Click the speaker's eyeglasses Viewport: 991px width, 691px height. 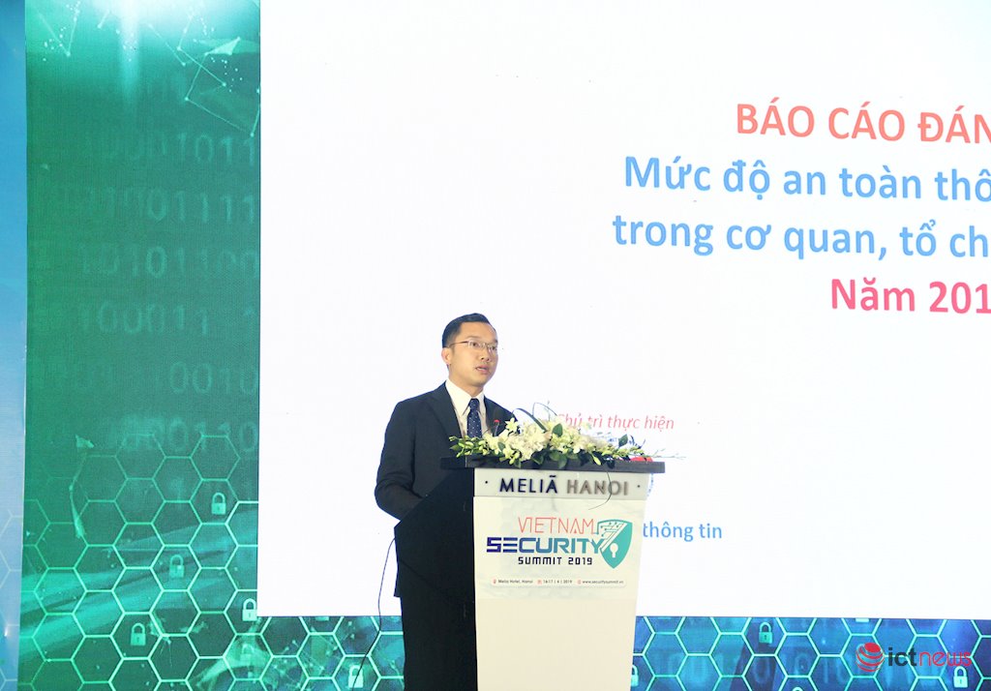pos(473,346)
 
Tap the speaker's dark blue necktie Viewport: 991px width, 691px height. pos(473,418)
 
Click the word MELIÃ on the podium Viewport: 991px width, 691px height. pos(528,486)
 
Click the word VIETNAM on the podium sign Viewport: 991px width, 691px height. pos(556,525)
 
